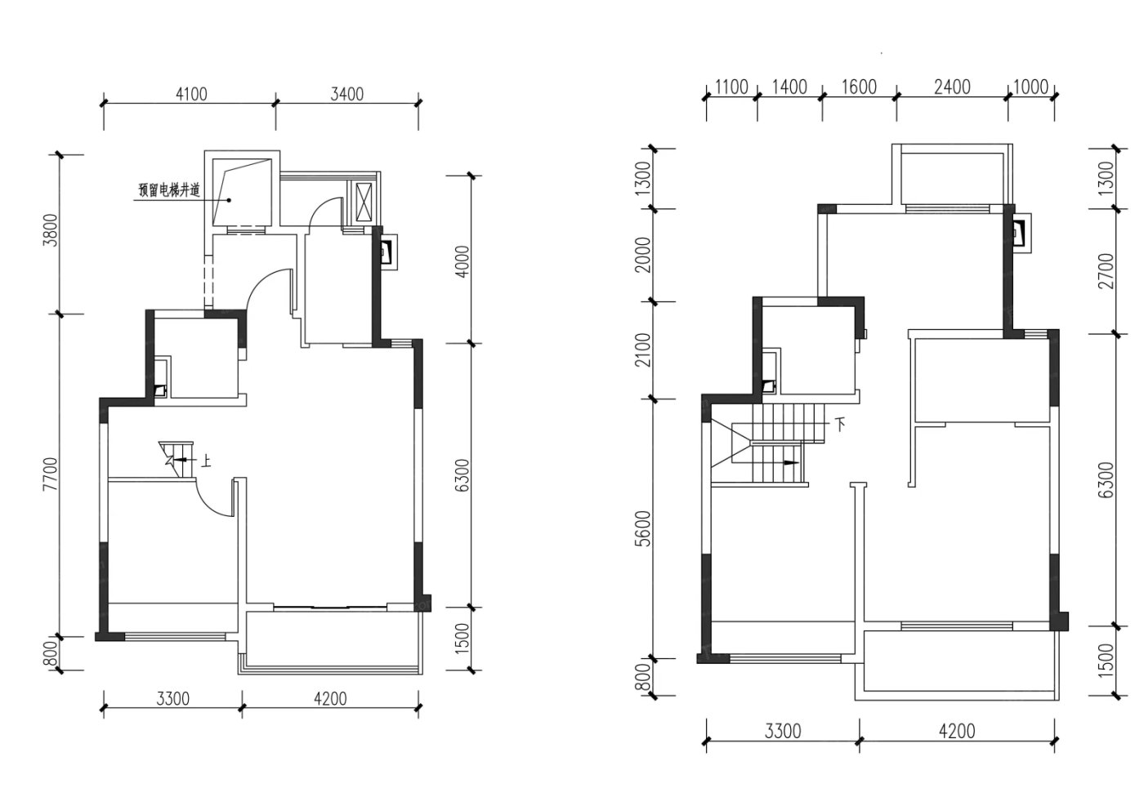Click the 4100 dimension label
(x=191, y=95)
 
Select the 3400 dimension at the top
(x=347, y=95)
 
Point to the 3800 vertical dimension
(x=51, y=230)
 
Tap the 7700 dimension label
(x=51, y=474)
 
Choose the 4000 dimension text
(x=463, y=262)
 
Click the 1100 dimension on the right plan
(x=731, y=87)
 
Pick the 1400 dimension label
(x=789, y=87)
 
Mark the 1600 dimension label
(x=859, y=87)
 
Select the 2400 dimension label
(x=953, y=87)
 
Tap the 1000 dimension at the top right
(x=1030, y=87)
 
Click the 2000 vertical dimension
(x=645, y=255)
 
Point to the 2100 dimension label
(x=645, y=350)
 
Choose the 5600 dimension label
(x=645, y=529)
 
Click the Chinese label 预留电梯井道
(x=169, y=190)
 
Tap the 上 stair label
(x=205, y=461)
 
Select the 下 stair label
(x=840, y=424)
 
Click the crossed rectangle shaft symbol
(x=364, y=202)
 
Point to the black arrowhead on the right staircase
(x=792, y=463)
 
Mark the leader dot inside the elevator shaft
(x=230, y=200)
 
